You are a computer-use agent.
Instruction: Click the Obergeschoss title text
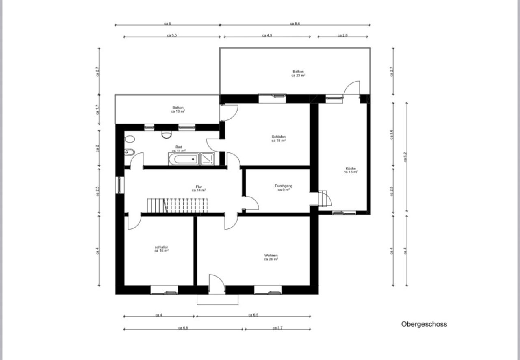click(424, 324)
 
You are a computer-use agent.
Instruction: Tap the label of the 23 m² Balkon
click(298, 74)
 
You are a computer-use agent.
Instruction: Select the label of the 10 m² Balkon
click(178, 109)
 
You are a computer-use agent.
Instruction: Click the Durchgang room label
click(284, 188)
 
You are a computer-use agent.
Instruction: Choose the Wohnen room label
click(271, 257)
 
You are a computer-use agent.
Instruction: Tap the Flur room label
click(199, 188)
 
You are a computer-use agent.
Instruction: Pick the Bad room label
click(179, 149)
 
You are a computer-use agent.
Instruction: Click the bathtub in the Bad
click(184, 159)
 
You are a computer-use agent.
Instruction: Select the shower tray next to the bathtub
click(208, 159)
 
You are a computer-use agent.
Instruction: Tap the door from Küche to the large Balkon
click(351, 89)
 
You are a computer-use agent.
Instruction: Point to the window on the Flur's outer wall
click(119, 185)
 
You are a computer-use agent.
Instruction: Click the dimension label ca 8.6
click(295, 24)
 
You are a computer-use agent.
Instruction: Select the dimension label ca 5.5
click(172, 36)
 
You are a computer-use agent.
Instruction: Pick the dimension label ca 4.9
click(267, 36)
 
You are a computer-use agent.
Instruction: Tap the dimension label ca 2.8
click(342, 36)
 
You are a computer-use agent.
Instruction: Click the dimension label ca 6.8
click(183, 328)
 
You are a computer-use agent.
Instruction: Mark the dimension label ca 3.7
click(277, 328)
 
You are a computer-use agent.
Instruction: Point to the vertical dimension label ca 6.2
click(405, 157)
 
